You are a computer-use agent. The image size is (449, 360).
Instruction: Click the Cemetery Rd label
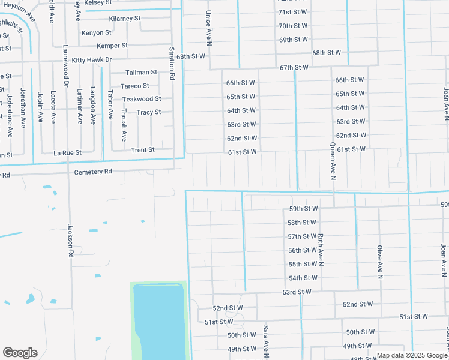[x=93, y=171]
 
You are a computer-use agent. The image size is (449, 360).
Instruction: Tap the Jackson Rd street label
[x=70, y=241]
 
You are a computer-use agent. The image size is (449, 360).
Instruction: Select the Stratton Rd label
[x=172, y=65]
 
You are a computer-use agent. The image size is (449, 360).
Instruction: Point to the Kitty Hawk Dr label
[x=92, y=60]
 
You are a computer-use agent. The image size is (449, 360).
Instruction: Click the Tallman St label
[x=141, y=72]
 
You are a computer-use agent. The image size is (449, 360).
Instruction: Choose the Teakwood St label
[x=142, y=99]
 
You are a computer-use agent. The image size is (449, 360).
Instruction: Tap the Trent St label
[x=143, y=149]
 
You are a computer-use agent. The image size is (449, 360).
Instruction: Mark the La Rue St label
[x=67, y=153]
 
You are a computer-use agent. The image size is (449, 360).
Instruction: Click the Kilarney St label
[x=125, y=19]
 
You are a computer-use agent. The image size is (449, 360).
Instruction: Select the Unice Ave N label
[x=209, y=28]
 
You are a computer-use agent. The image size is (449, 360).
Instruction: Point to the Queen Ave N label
[x=333, y=161]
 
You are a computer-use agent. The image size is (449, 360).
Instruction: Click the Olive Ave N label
[x=379, y=262]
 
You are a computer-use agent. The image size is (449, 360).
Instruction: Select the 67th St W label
[x=294, y=67]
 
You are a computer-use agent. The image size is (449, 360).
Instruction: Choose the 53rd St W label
[x=297, y=292]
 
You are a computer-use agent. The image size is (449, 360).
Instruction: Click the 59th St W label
[x=303, y=209]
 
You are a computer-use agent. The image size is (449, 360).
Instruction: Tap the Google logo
[x=20, y=353]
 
